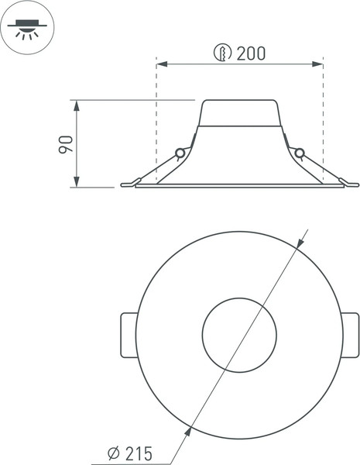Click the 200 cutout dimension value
coord(251,53)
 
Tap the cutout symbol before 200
coord(222,53)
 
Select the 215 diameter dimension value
coord(138,453)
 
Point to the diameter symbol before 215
coord(113,453)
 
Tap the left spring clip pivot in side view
coord(180,153)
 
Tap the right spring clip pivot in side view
coord(300,153)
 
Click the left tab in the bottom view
coord(129,335)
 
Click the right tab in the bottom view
coord(350,335)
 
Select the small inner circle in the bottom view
coord(239,335)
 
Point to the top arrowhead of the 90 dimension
coord(76,104)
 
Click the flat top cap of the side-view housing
coord(240,101)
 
